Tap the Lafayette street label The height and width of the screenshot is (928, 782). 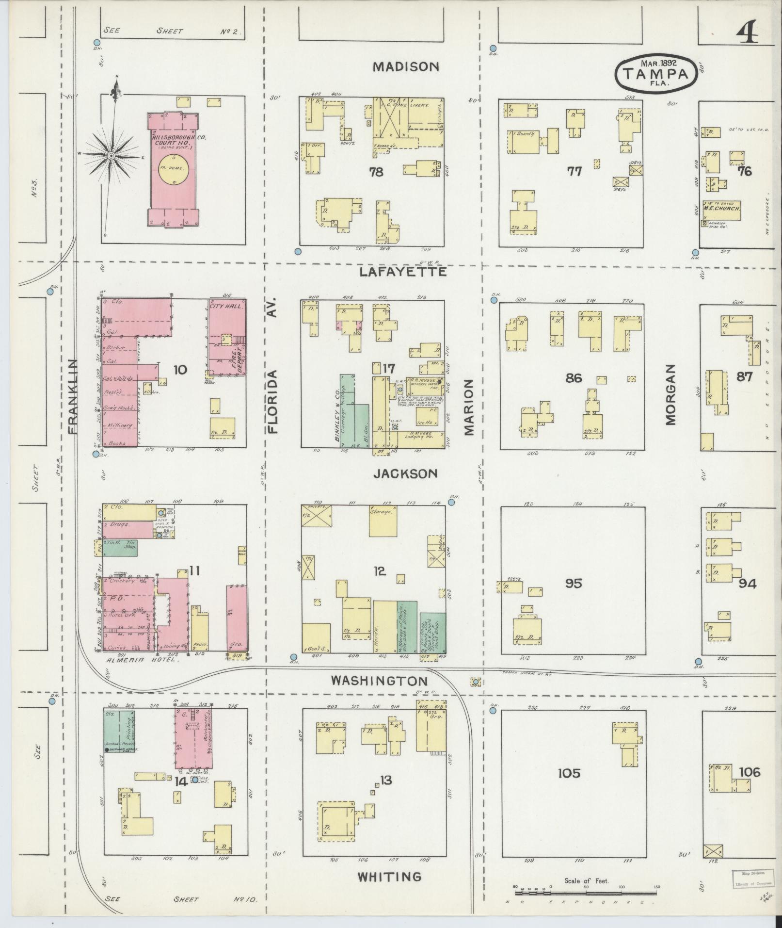[x=403, y=272]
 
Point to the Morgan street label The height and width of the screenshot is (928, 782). [x=670, y=394]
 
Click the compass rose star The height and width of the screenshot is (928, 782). [x=111, y=156]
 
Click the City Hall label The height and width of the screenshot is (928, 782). [x=227, y=306]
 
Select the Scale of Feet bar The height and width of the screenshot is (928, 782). [x=586, y=891]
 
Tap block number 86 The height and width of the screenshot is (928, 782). [x=574, y=377]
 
